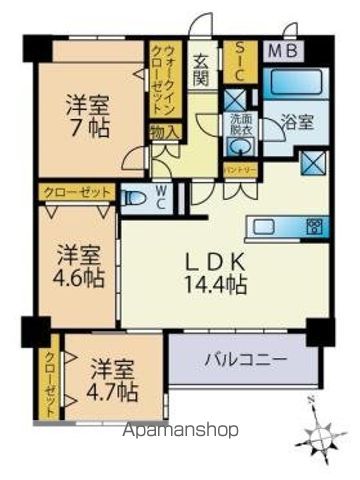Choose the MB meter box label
279,48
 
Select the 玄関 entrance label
202,67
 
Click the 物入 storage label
165,130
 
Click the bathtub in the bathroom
297,82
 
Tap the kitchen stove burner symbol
314,223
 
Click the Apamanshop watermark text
179,431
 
